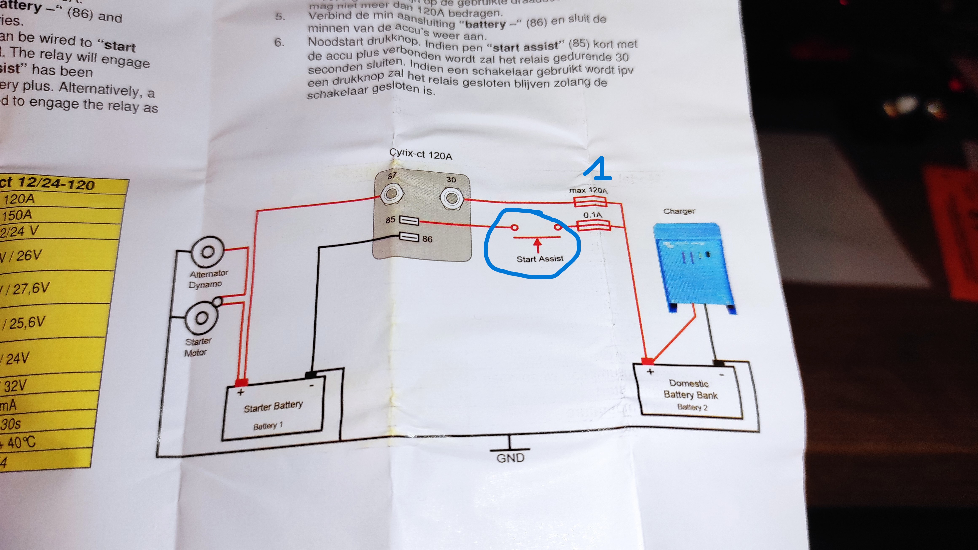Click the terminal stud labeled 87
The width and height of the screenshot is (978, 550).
tap(391, 194)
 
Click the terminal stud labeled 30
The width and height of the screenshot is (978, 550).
tap(452, 198)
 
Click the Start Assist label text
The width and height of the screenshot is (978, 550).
tap(540, 259)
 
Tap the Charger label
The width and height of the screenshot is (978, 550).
tap(679, 211)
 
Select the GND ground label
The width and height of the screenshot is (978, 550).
tap(510, 458)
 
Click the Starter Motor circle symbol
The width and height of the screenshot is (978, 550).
tap(202, 318)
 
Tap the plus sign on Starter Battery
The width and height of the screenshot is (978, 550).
tap(240, 392)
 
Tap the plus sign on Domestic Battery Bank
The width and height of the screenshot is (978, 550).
tap(650, 372)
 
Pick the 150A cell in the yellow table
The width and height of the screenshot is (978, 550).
tap(17, 215)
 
